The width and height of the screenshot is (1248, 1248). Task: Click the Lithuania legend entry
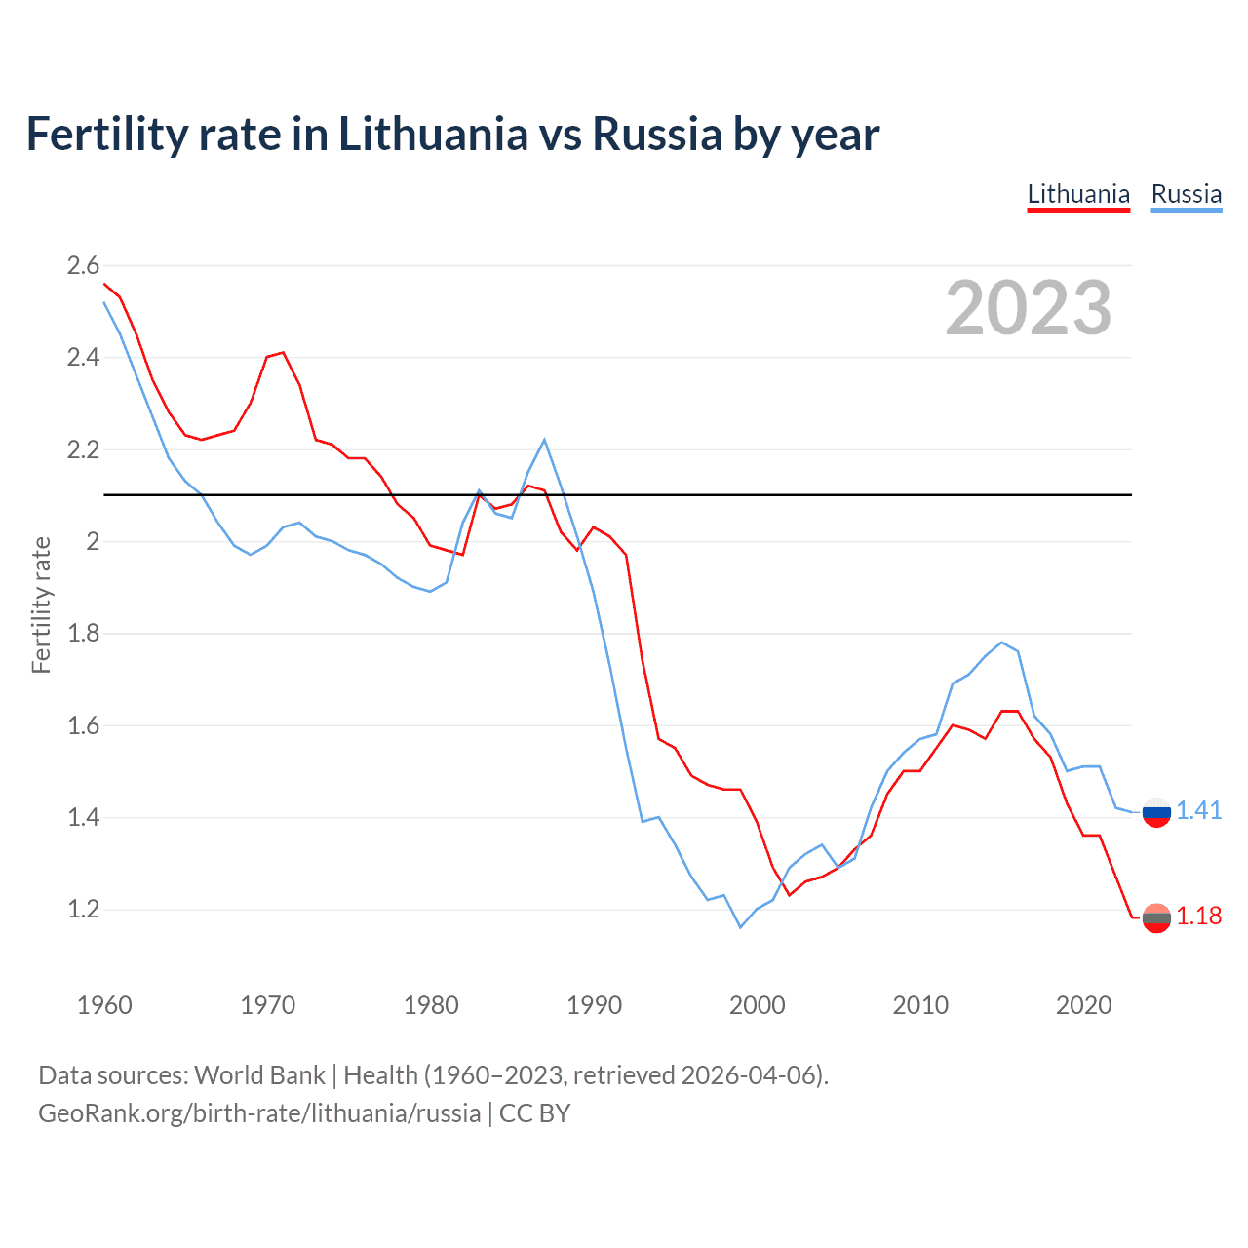pyautogui.click(x=1078, y=194)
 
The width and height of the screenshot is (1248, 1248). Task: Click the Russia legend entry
pyautogui.click(x=1186, y=194)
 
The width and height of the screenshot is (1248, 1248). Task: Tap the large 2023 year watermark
pyautogui.click(x=1029, y=308)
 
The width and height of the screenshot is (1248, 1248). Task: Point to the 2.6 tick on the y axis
pyautogui.click(x=83, y=265)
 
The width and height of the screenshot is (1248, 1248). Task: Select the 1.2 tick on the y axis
pyautogui.click(x=83, y=909)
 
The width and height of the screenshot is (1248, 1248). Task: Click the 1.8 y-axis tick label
pyautogui.click(x=83, y=634)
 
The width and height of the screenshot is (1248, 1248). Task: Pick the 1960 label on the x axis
pyautogui.click(x=104, y=1005)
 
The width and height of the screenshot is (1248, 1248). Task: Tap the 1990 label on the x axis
pyautogui.click(x=594, y=1005)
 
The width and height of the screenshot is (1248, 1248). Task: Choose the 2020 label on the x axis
pyautogui.click(x=1083, y=1005)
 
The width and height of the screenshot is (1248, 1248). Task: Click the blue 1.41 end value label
pyautogui.click(x=1198, y=810)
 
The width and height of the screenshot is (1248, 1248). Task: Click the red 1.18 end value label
pyautogui.click(x=1198, y=916)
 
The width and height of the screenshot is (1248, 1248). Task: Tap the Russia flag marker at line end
pyautogui.click(x=1156, y=811)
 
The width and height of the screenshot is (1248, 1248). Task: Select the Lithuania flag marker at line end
pyautogui.click(x=1156, y=917)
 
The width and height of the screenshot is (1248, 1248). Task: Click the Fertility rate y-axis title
pyautogui.click(x=41, y=604)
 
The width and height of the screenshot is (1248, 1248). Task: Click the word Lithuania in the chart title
pyautogui.click(x=433, y=135)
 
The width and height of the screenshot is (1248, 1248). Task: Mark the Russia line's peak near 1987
pyautogui.click(x=544, y=440)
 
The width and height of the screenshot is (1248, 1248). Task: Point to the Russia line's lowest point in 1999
pyautogui.click(x=740, y=927)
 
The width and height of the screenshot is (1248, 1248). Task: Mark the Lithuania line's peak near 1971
pyautogui.click(x=283, y=352)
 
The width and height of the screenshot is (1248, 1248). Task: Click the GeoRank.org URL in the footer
pyautogui.click(x=259, y=1113)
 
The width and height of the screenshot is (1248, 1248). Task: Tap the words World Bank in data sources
pyautogui.click(x=259, y=1075)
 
